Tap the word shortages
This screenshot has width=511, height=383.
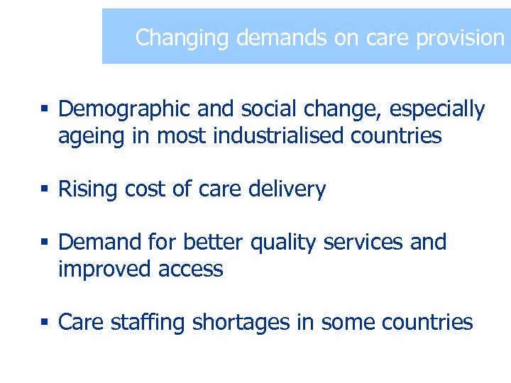[240, 323]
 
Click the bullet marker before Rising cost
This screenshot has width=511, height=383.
[44, 190]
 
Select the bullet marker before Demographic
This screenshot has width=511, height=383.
[44, 110]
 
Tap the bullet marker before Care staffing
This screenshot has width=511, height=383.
[44, 323]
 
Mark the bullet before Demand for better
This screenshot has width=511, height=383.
[44, 243]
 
